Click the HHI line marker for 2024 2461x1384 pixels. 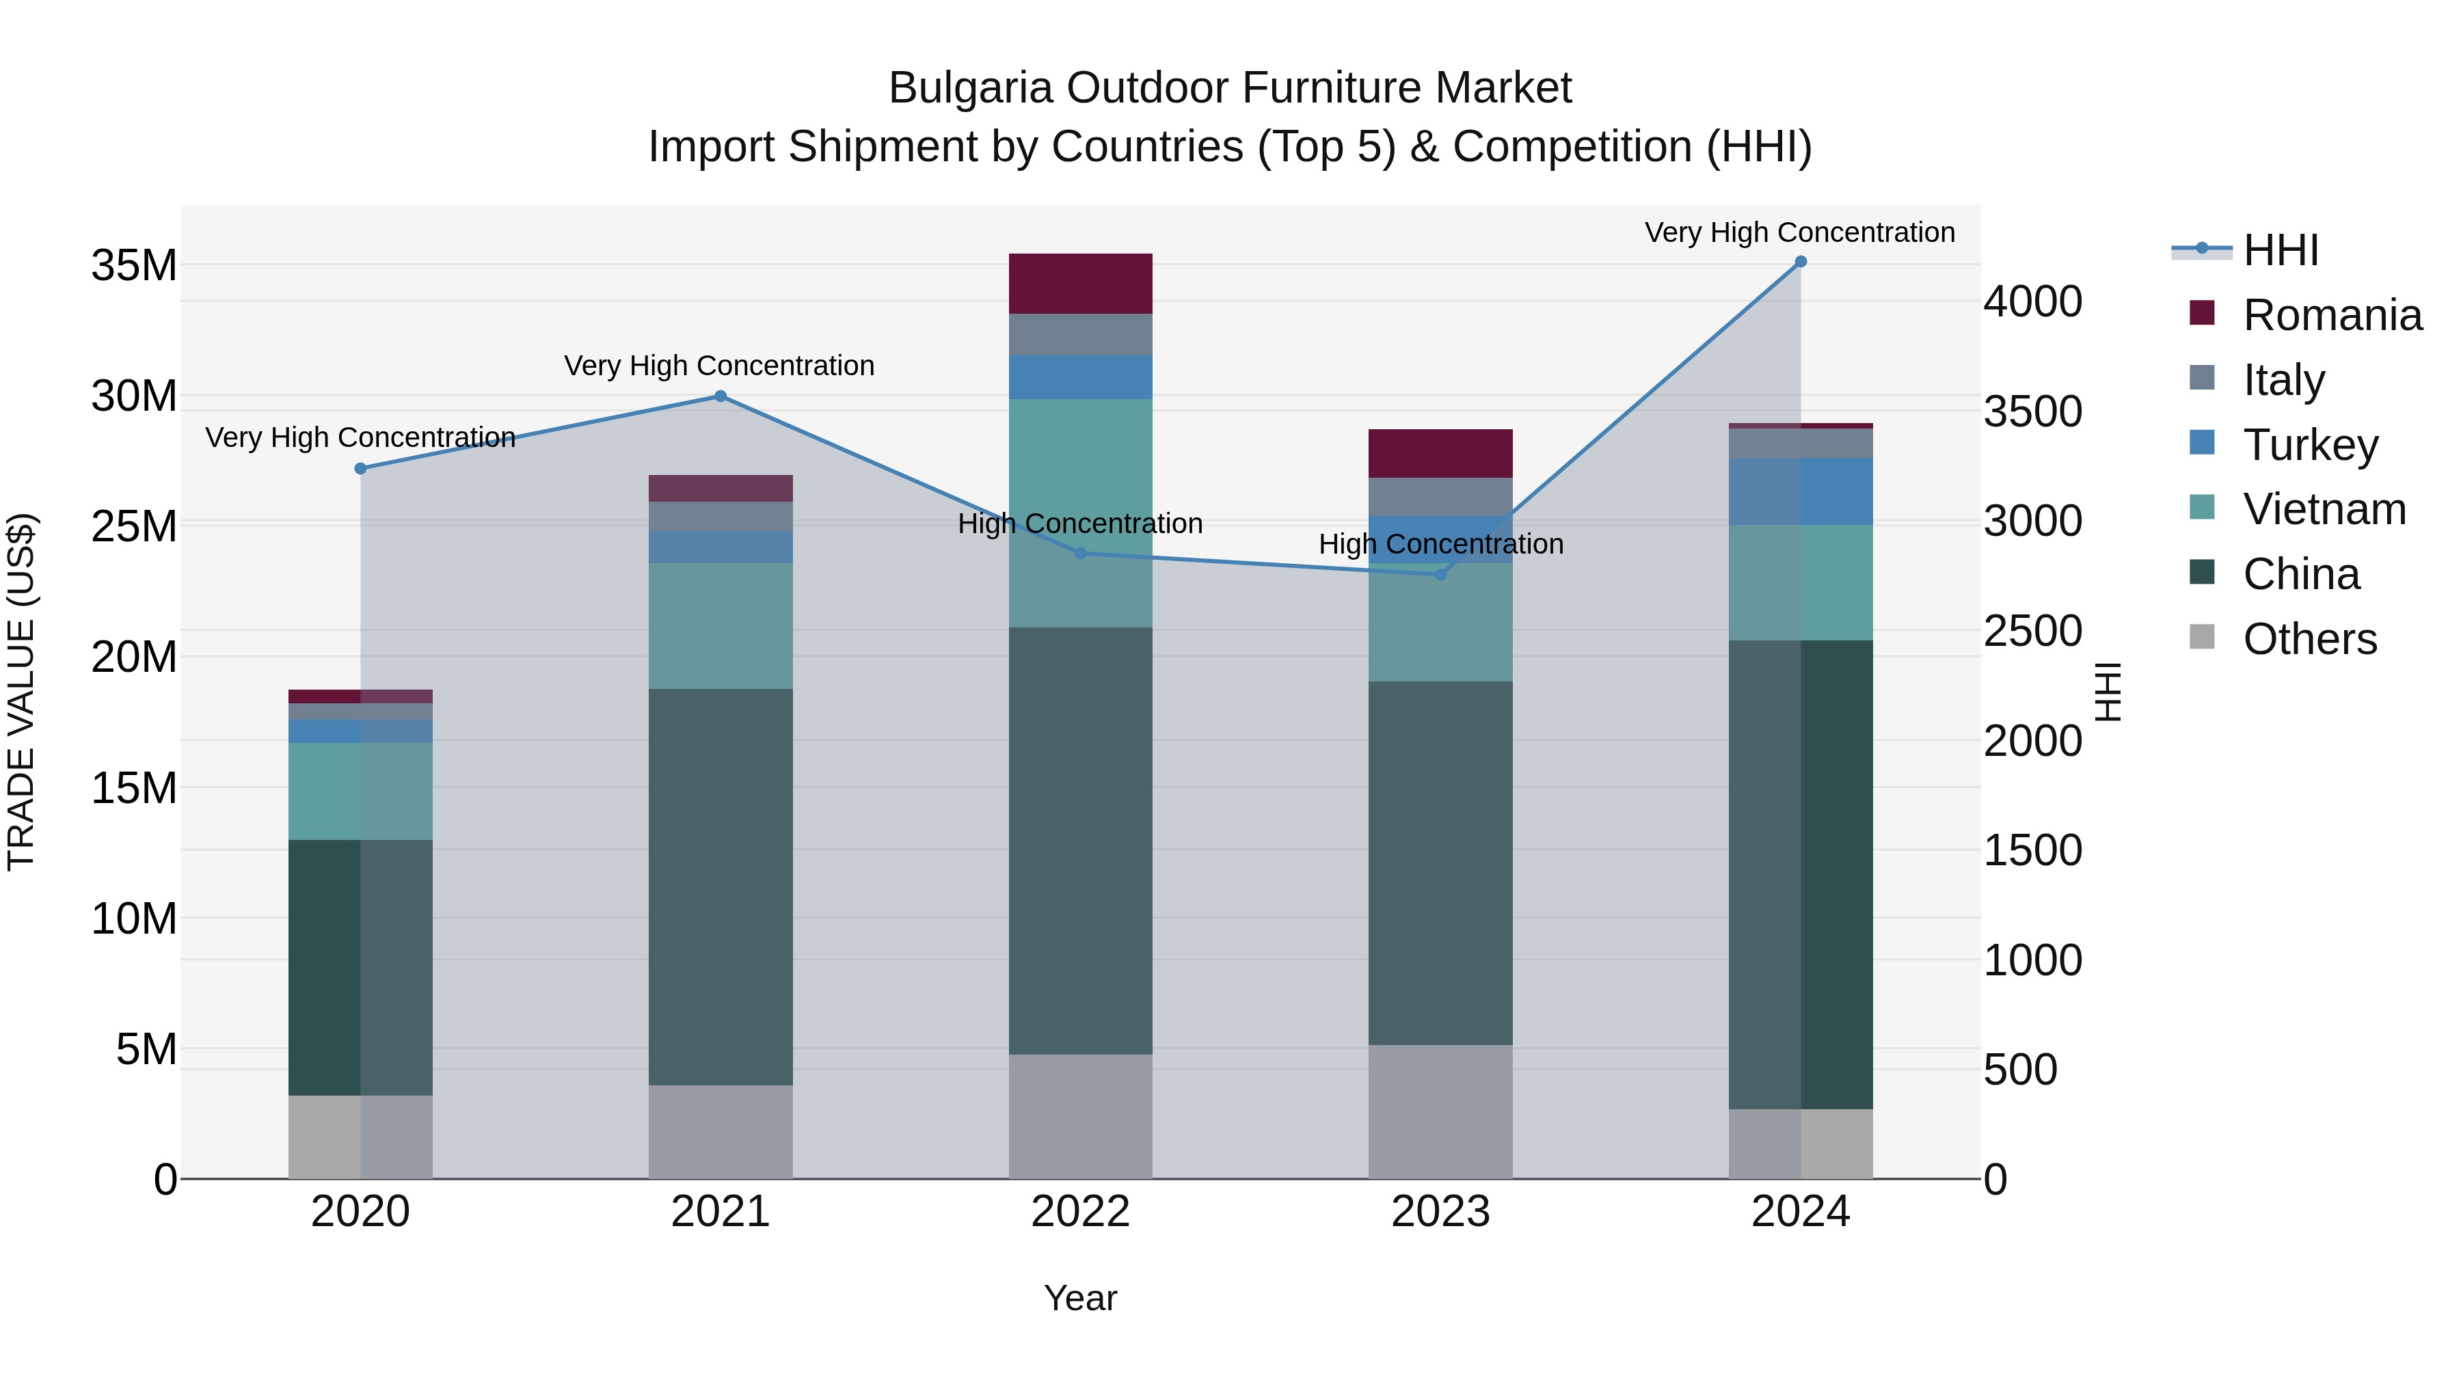1800,262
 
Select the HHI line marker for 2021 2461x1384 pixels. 721,396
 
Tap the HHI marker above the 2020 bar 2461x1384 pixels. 360,469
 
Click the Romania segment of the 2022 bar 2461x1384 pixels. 1081,284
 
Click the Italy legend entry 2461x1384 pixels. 2283,379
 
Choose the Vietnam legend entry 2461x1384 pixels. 2324,509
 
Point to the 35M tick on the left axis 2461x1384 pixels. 134,266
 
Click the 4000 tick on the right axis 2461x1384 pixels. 2032,302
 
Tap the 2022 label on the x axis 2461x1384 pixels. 1081,1212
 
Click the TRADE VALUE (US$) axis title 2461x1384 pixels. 21,692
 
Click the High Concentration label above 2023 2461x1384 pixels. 1440,545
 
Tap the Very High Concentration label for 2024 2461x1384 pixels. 1799,232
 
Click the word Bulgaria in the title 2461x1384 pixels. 971,88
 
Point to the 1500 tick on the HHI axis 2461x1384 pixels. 2032,850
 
